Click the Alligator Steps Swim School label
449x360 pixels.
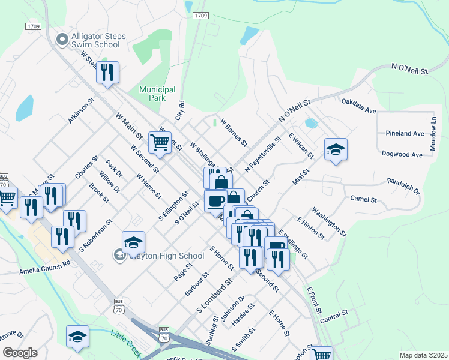[98, 40]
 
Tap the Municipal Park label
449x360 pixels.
[157, 93]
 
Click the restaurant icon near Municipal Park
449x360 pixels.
[107, 73]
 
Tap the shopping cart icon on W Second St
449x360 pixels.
[160, 143]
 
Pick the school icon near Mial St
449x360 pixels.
[336, 150]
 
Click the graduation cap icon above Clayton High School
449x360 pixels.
[133, 242]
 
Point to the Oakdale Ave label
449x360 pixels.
[358, 106]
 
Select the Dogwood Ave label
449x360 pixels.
[402, 154]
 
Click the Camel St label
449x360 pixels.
[363, 199]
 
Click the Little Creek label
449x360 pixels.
[126, 341]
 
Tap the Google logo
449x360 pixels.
[19, 353]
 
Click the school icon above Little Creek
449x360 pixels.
[77, 337]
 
